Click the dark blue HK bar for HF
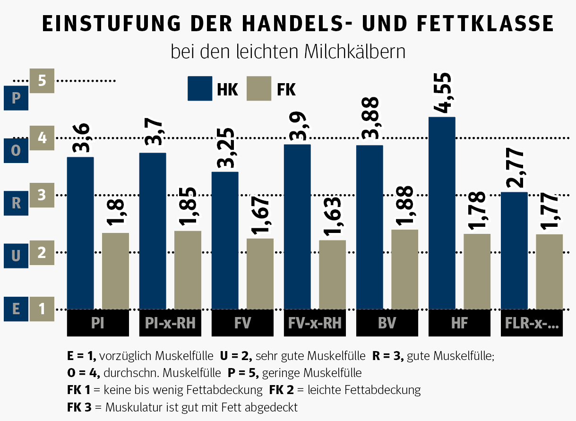(442, 213)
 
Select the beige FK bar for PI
(115, 271)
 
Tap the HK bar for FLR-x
(514, 250)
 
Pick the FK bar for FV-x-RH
(332, 275)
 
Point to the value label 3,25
(225, 148)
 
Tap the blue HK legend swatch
(200, 88)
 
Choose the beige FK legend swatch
(259, 88)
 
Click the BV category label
(387, 323)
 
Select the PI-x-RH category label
(171, 323)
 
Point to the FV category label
(242, 323)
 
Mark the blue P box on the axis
(16, 98)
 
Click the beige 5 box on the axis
(42, 81)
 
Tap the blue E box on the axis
(16, 309)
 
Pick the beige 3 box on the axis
(42, 195)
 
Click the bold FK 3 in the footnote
(80, 407)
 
